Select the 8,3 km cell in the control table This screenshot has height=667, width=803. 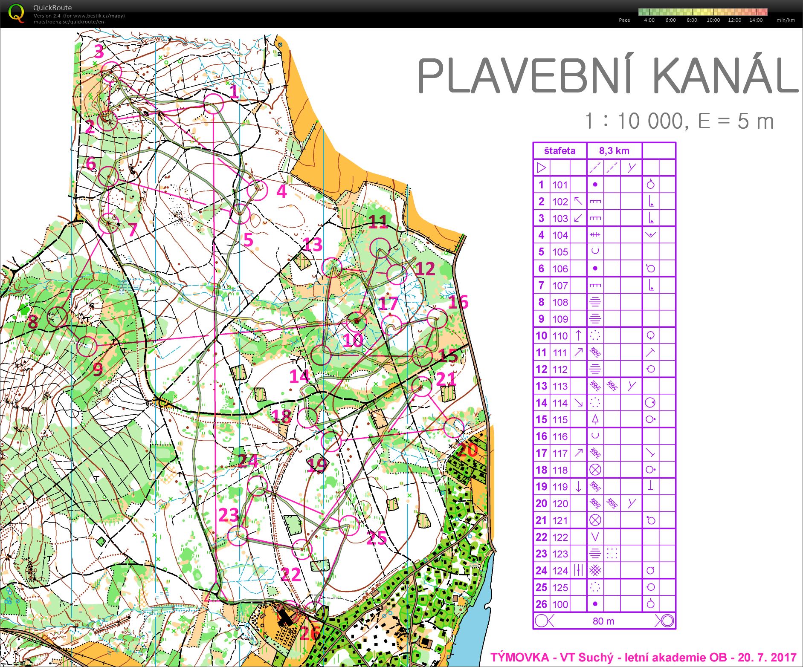pyautogui.click(x=614, y=151)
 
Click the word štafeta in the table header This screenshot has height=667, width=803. pyautogui.click(x=559, y=151)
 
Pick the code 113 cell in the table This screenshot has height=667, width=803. pyautogui.click(x=560, y=386)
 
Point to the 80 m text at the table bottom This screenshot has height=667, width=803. pyautogui.click(x=603, y=621)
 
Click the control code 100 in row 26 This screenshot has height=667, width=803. pyautogui.click(x=560, y=604)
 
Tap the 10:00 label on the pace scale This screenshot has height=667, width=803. pyautogui.click(x=713, y=20)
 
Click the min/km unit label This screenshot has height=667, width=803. pyautogui.click(x=786, y=20)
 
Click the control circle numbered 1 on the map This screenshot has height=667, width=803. pyautogui.click(x=213, y=104)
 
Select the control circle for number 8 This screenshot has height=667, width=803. pyautogui.click(x=57, y=317)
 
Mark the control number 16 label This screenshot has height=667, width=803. pyautogui.click(x=458, y=302)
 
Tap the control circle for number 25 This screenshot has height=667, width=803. pyautogui.click(x=349, y=526)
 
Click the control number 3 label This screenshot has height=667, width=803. pyautogui.click(x=99, y=52)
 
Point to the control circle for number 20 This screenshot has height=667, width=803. pyautogui.click(x=453, y=427)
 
